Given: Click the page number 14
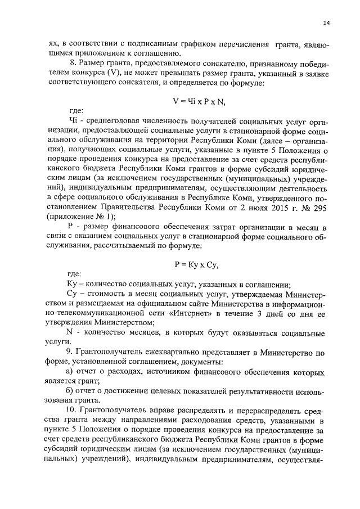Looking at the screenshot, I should (x=326, y=22).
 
